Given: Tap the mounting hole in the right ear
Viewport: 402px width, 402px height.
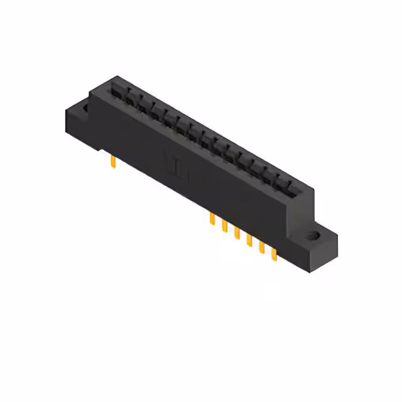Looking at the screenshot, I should [313, 237].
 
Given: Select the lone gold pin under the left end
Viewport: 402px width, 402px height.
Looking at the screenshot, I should [112, 163].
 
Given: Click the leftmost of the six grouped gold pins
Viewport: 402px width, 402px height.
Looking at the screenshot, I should [212, 219].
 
